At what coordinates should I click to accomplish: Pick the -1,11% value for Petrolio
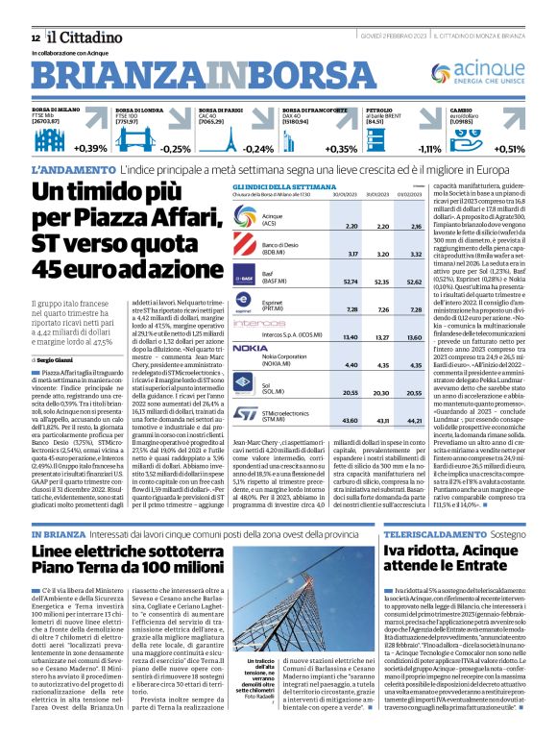(x=427, y=148)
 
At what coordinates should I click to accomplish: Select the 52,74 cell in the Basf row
(x=325, y=282)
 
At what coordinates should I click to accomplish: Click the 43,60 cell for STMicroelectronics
(x=325, y=420)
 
